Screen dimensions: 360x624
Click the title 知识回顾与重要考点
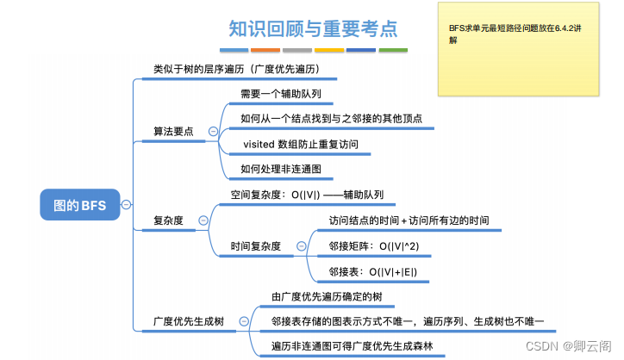point(312,28)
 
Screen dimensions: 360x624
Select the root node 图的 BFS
point(79,205)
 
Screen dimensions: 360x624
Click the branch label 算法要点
point(172,132)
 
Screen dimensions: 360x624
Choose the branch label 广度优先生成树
point(188,321)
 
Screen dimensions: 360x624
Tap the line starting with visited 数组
point(302,144)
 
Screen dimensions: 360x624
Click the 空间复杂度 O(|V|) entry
point(307,195)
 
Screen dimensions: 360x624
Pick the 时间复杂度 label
point(255,246)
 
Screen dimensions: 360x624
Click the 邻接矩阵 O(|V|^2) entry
point(375,246)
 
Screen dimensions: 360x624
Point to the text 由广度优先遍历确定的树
point(327,297)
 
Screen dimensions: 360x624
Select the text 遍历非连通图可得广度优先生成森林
point(352,347)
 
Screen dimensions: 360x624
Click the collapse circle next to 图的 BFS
point(127,204)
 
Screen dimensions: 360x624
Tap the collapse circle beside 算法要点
point(213,131)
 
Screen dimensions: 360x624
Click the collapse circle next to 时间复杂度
point(301,246)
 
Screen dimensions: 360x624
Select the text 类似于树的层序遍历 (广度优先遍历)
point(235,68)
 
